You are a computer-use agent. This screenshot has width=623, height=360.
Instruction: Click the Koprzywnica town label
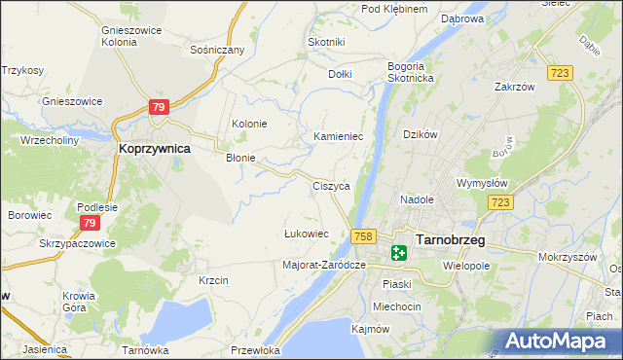tap(153, 149)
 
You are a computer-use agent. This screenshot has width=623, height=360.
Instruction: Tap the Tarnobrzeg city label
tap(450, 238)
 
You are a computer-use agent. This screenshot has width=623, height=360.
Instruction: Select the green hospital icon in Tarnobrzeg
tap(399, 253)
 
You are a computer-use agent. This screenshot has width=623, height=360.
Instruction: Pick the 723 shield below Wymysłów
tap(500, 201)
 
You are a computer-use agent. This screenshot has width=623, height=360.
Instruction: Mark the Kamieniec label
tap(338, 137)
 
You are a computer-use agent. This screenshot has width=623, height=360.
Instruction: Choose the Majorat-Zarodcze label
tap(323, 265)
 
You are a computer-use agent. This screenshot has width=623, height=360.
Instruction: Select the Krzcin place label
tap(213, 280)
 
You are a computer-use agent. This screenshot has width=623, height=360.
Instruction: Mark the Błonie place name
tap(240, 158)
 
